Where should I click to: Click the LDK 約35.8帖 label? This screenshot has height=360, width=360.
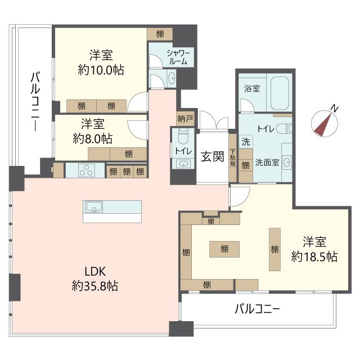[95, 279]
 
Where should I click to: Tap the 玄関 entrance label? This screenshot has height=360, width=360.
[213, 156]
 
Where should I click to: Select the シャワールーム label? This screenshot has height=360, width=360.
[178, 57]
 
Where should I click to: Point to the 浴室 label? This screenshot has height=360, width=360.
[252, 88]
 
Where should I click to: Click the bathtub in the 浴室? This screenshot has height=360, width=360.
[280, 93]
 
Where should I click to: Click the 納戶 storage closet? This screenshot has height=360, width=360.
[185, 119]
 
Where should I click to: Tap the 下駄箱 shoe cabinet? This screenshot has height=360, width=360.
[232, 157]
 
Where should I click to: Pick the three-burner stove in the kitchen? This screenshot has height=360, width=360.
[85, 170]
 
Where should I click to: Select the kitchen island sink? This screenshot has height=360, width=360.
[94, 206]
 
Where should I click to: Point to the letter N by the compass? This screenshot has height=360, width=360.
[335, 108]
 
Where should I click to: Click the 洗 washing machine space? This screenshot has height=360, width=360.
[246, 142]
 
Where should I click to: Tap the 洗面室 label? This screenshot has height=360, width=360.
[267, 163]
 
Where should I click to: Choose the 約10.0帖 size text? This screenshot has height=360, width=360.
[101, 70]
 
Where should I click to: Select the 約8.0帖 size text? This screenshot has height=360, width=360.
[92, 139]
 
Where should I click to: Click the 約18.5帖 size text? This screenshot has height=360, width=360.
[314, 256]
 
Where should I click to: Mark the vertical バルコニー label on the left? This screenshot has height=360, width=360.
[35, 101]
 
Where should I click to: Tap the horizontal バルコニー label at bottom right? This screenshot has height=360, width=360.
[257, 309]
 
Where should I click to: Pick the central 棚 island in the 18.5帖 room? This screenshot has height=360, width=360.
[224, 249]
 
